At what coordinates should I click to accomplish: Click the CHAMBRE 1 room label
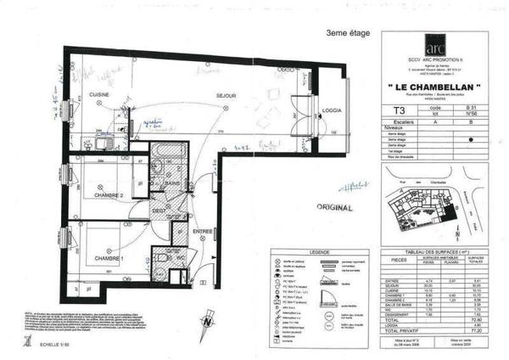pyautogui.click(x=109, y=257)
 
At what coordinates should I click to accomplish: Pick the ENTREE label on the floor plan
pyautogui.click(x=202, y=231)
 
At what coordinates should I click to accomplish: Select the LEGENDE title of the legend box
pyautogui.click(x=319, y=251)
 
